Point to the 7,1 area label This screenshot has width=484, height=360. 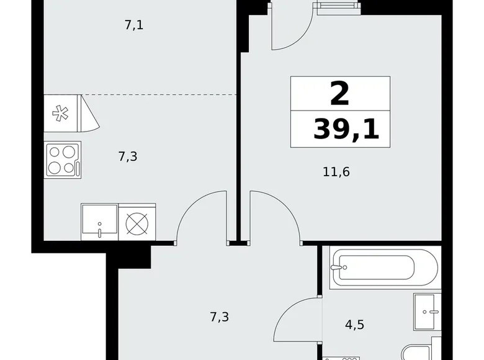point(134,26)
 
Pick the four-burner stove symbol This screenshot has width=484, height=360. point(62,160)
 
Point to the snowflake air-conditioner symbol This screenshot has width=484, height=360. point(60,114)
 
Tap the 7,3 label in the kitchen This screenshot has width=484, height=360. point(127,156)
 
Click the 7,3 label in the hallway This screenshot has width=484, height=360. point(219,317)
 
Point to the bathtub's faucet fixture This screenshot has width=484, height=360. point(337,268)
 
